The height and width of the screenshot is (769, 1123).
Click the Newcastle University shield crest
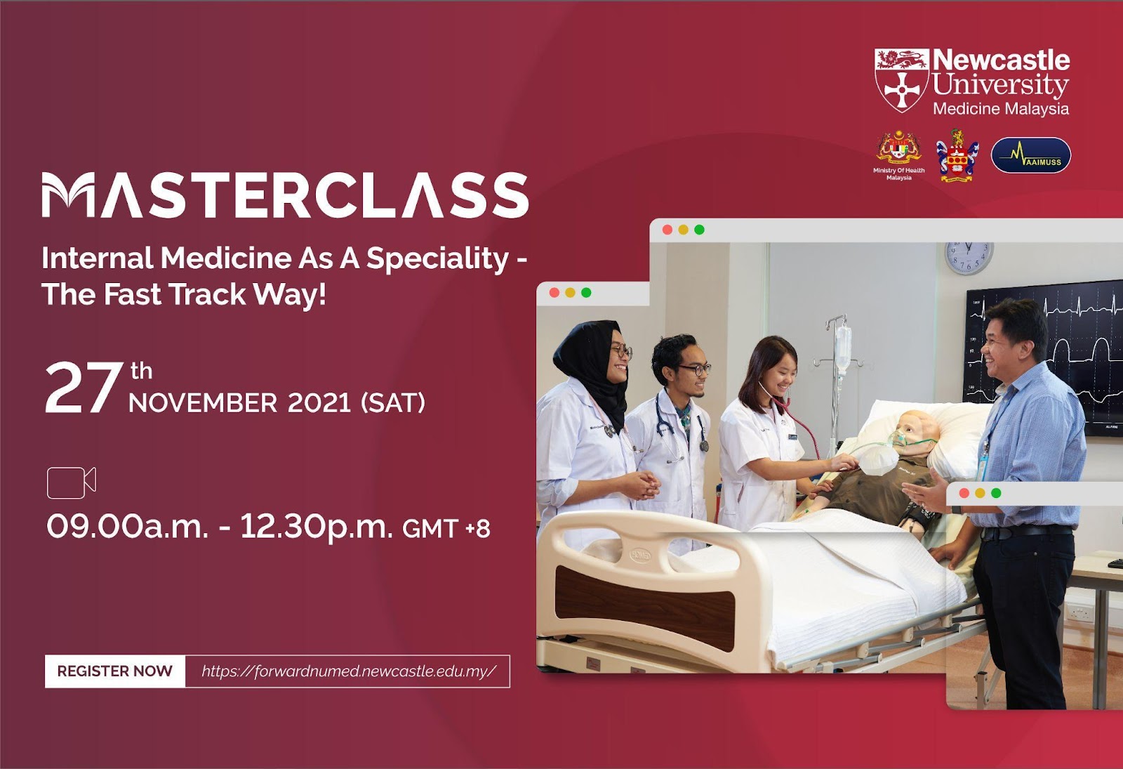pos(901,80)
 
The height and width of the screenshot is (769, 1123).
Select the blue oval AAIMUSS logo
pos(1031,155)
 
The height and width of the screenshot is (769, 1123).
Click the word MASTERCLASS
pos(285,195)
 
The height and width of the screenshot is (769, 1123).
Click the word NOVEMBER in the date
pos(203,403)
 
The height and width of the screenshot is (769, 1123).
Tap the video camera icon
pos(71,482)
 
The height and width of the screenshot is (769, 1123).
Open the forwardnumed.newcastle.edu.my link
pos(348,671)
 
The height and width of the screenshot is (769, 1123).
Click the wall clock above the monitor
pos(969,258)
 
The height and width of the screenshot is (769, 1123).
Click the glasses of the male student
pos(695,369)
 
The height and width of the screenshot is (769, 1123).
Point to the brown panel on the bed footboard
pos(645,608)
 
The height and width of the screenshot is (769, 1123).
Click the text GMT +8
pos(446,528)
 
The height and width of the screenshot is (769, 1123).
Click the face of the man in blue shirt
pos(1001,350)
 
